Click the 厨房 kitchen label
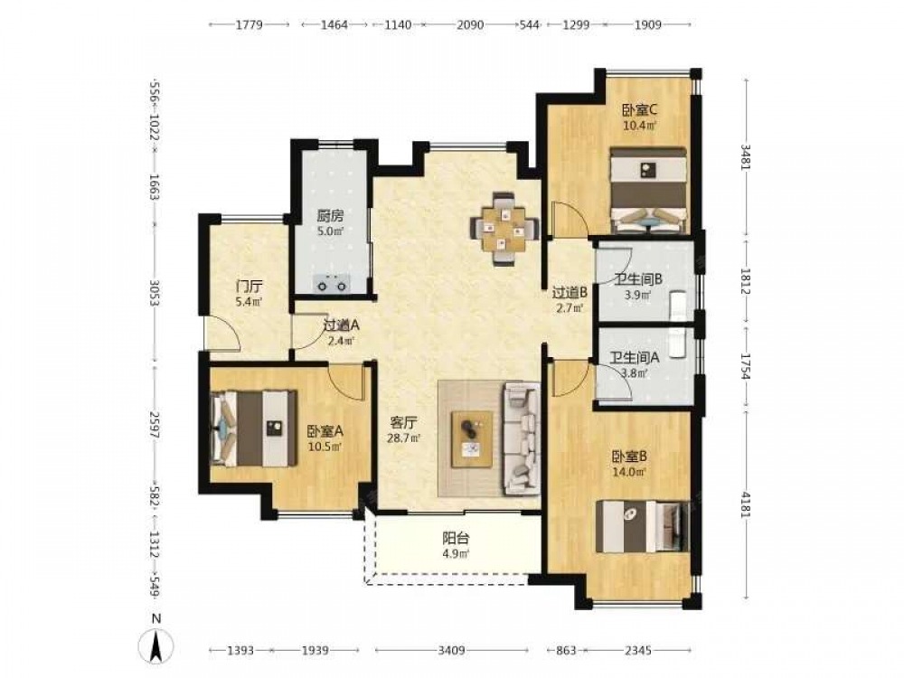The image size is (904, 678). [330, 216]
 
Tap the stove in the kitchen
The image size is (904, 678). [331, 284]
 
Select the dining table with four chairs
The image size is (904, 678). [505, 229]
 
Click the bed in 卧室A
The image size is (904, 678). [254, 428]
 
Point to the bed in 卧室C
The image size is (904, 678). [648, 191]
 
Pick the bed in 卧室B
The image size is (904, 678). [642, 526]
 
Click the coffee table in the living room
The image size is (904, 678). [472, 439]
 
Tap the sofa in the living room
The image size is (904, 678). [522, 439]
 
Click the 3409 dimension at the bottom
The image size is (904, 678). [451, 650]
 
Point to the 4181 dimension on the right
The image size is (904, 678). [746, 504]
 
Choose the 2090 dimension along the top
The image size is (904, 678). [470, 24]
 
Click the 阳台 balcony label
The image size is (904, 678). [456, 539]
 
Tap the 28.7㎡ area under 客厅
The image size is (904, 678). [404, 438]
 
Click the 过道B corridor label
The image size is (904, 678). [570, 293]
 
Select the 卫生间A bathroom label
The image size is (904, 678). [635, 357]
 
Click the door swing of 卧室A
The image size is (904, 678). [348, 381]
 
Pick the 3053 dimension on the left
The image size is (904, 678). [154, 294]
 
